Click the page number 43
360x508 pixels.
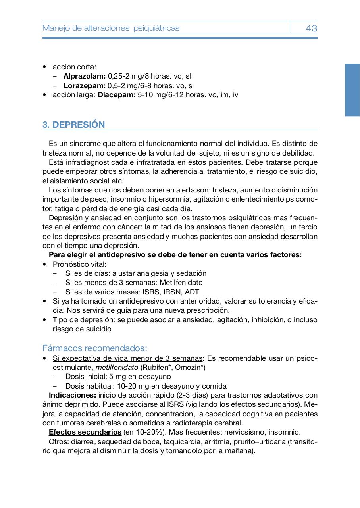tap(311, 28)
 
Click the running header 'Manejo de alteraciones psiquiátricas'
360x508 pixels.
tap(111, 28)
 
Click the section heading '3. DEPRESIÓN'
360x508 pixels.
tap(74, 125)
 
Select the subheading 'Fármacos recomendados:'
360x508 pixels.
tap(94, 348)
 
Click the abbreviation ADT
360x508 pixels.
tap(192, 292)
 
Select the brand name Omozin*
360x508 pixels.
tap(189, 368)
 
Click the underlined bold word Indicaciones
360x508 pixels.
tap(72, 395)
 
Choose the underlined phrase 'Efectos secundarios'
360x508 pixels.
tap(85, 432)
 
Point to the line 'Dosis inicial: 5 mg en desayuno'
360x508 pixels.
tap(118, 377)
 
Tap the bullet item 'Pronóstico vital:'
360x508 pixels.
tap(79, 264)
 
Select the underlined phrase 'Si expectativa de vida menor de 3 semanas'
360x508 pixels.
tap(128, 358)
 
